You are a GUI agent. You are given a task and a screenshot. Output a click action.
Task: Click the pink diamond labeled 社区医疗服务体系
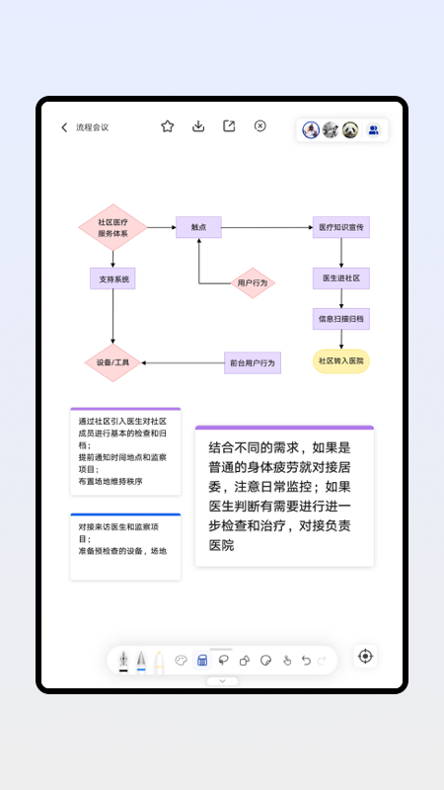(x=112, y=227)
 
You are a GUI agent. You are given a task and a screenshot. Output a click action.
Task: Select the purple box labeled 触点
(x=198, y=227)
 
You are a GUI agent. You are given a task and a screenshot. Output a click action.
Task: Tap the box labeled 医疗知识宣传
(x=341, y=227)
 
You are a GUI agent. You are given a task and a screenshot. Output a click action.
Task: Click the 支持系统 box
(x=112, y=279)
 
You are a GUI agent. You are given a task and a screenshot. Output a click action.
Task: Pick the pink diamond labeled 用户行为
(x=253, y=283)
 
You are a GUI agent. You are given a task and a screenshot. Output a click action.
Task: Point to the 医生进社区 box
(x=341, y=278)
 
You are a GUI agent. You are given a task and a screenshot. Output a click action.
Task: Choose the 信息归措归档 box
(x=341, y=319)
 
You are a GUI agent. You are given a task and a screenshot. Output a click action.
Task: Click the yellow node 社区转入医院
(x=341, y=361)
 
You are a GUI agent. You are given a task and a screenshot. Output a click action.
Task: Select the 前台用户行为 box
(x=253, y=362)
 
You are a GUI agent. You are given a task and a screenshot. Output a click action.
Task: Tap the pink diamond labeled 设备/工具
(x=112, y=362)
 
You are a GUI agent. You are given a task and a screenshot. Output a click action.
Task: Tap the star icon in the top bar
(x=168, y=126)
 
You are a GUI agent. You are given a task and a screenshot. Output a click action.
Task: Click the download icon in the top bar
(x=198, y=126)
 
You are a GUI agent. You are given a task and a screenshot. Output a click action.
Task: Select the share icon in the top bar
(x=229, y=126)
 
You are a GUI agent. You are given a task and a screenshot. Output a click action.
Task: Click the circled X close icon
(x=260, y=126)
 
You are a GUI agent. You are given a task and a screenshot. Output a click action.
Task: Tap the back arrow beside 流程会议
(x=64, y=127)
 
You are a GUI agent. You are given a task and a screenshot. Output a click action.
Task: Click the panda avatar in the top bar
(x=350, y=129)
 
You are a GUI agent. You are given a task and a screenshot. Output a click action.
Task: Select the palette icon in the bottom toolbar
(x=181, y=661)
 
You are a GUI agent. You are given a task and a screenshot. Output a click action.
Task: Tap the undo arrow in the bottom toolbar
(x=306, y=661)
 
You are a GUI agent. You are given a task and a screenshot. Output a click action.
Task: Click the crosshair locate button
(x=366, y=657)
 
